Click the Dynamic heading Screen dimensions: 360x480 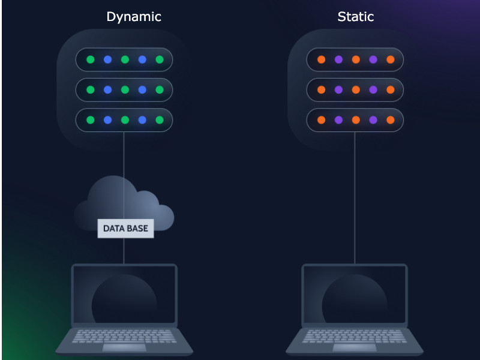point(134,17)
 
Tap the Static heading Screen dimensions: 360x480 point(355,17)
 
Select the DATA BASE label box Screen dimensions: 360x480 point(125,229)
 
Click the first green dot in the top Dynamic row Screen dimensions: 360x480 point(91,59)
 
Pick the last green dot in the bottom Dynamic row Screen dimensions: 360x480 point(160,120)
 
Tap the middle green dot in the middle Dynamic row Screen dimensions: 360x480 point(125,90)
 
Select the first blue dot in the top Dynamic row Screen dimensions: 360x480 point(108,59)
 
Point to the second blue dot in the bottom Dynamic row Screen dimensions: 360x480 point(142,120)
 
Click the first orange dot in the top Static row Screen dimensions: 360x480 point(321,59)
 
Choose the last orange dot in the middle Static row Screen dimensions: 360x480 point(391,90)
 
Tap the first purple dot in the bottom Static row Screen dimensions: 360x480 point(338,120)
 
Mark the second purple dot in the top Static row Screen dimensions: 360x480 point(373,59)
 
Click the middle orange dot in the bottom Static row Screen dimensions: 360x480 point(356,120)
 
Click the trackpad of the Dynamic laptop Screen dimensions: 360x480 point(124,347)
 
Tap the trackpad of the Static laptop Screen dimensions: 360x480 point(355,347)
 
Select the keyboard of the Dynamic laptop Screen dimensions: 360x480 point(124,335)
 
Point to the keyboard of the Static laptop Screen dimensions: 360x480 point(355,335)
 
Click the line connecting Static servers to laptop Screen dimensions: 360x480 point(355,198)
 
